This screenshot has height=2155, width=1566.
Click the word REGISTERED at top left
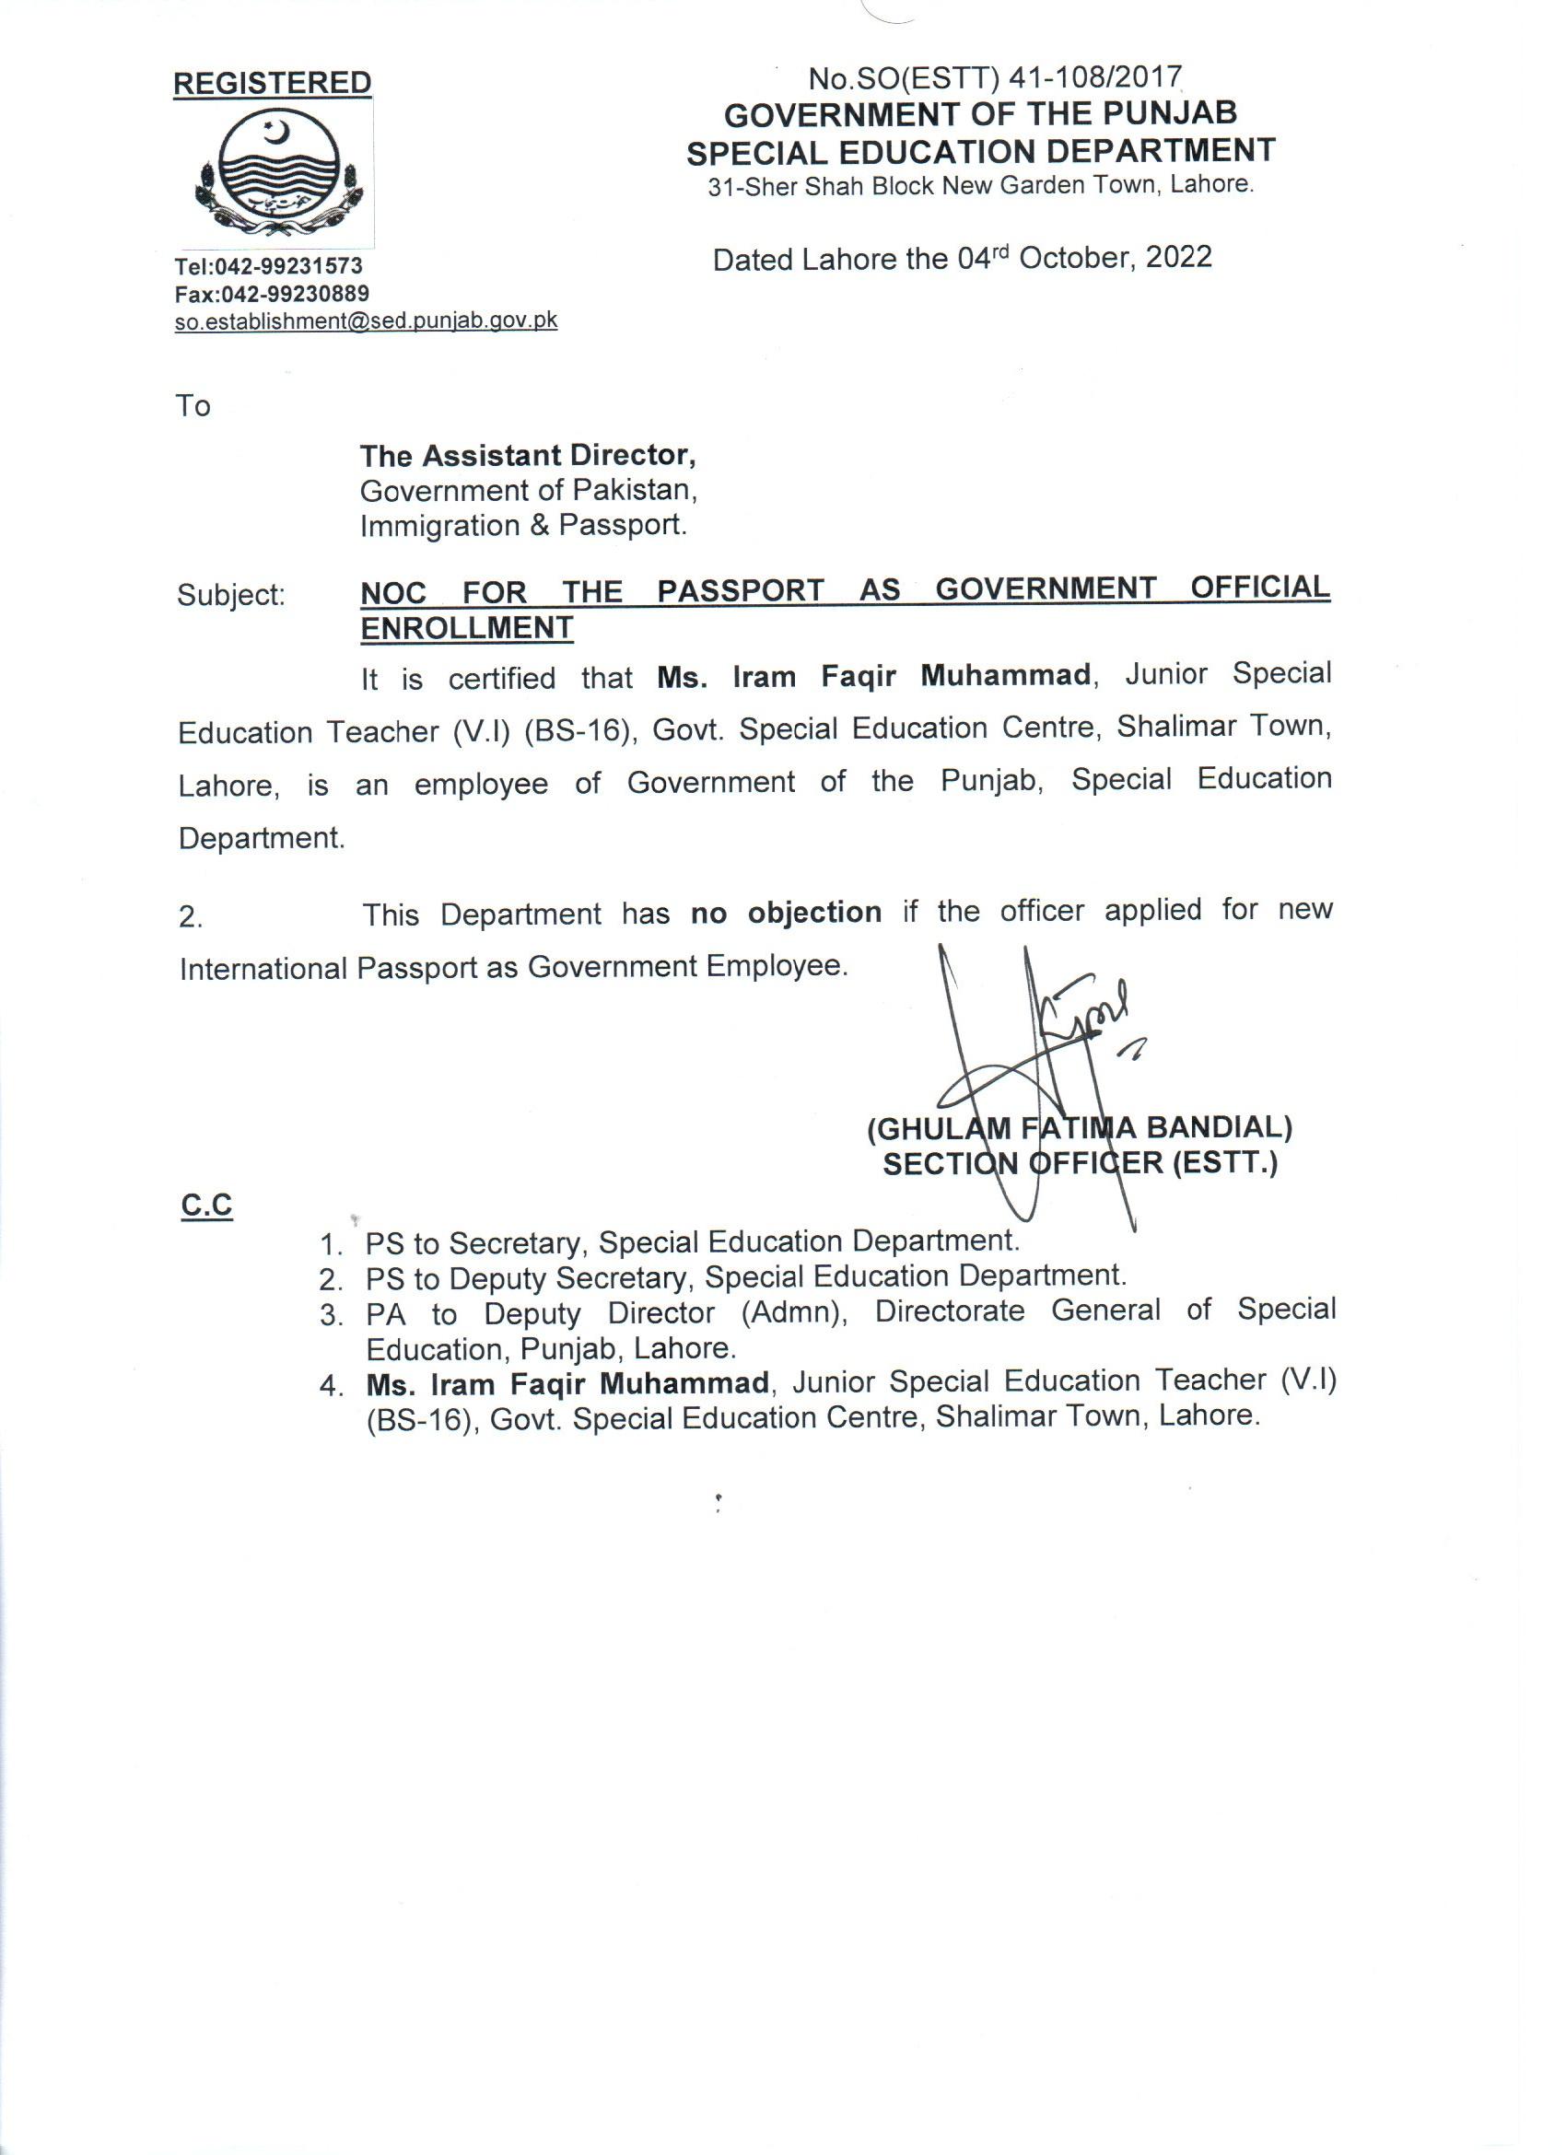pyautogui.click(x=272, y=84)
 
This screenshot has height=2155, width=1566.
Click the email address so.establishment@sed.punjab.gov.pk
pyautogui.click(x=366, y=321)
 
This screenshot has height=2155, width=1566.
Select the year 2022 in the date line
pyautogui.click(x=1178, y=258)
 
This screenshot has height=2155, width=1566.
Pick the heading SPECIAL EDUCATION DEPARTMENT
pyautogui.click(x=981, y=151)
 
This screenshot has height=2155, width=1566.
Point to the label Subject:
pyautogui.click(x=231, y=596)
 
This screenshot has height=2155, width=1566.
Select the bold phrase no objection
pyautogui.click(x=786, y=912)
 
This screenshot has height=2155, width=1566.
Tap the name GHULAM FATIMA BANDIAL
pyautogui.click(x=1079, y=1128)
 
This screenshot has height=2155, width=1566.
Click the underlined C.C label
pyautogui.click(x=206, y=1206)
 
